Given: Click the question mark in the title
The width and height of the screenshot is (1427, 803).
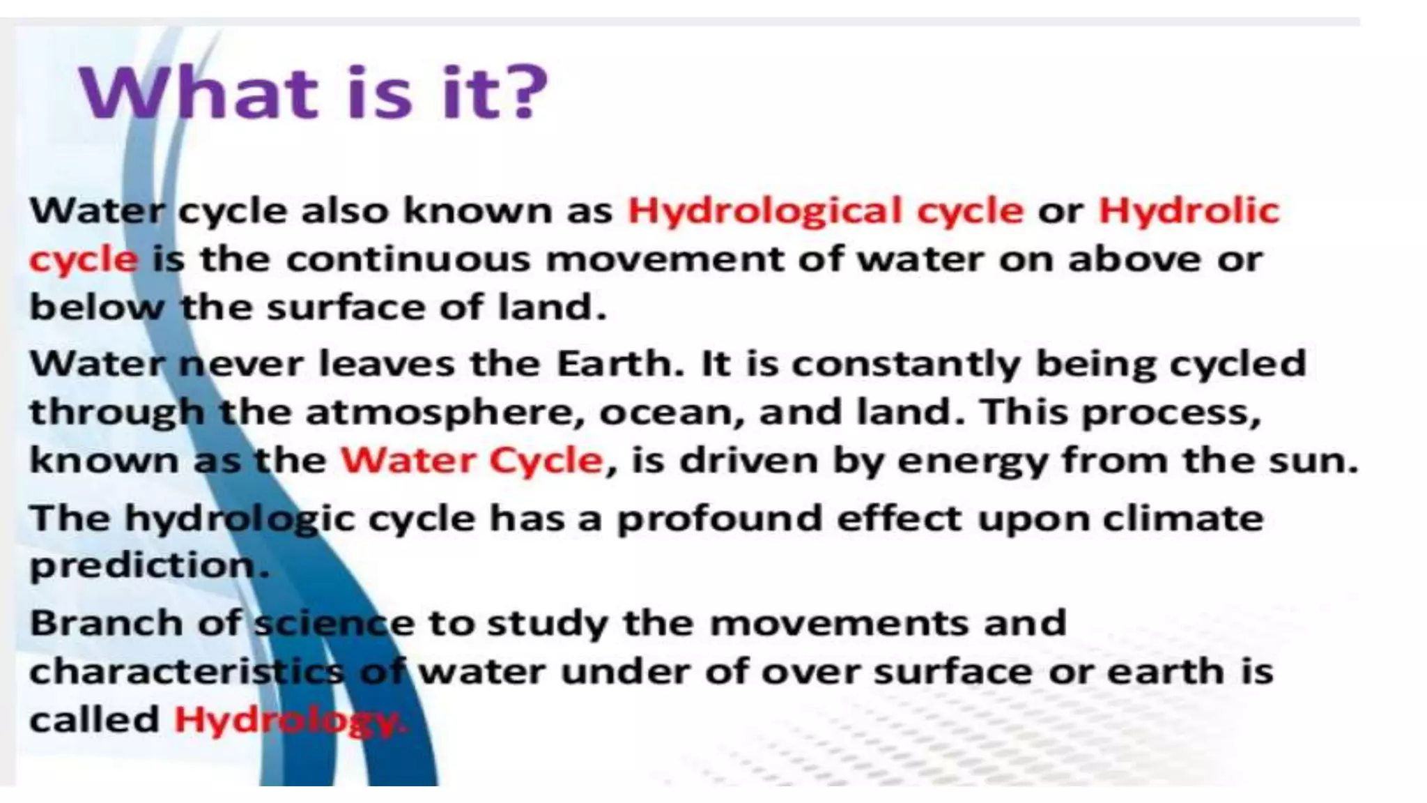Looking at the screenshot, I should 522,92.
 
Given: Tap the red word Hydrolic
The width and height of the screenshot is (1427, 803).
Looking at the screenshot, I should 1189,211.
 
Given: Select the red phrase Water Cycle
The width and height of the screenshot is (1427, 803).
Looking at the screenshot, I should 472,460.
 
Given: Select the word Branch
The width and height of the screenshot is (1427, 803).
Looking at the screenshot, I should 107,622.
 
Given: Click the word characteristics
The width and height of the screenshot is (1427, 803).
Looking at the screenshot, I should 186,671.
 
